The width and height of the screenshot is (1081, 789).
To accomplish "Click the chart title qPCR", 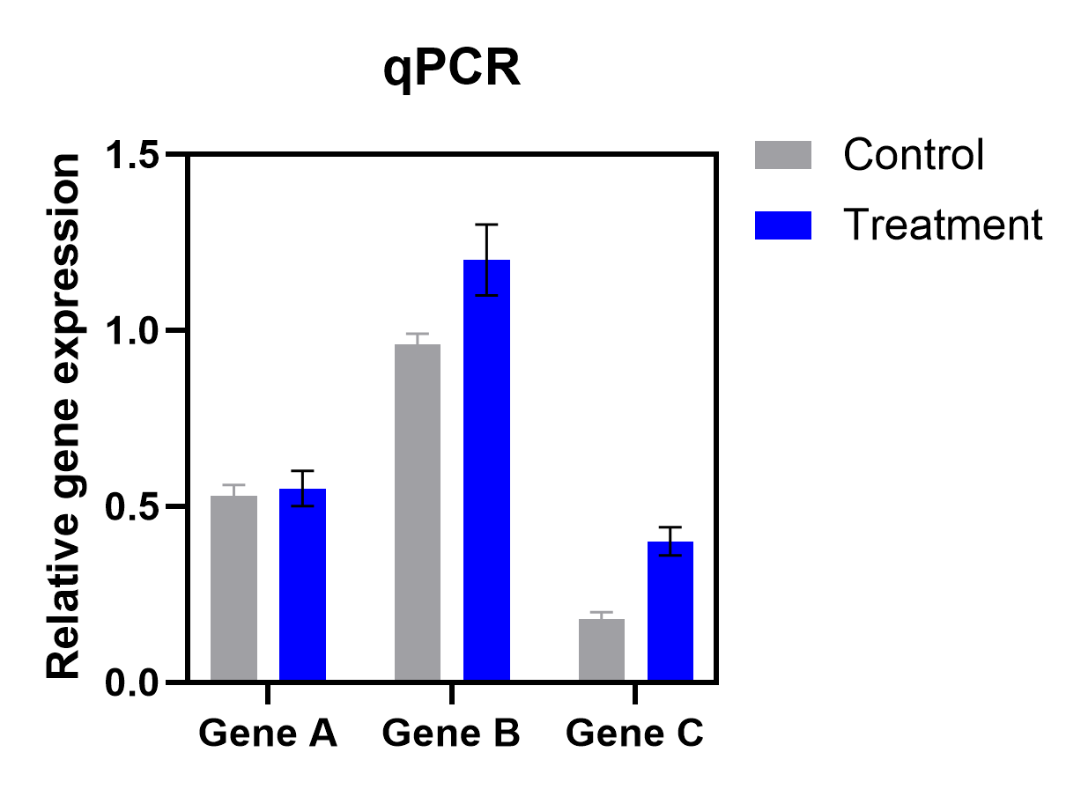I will [452, 71].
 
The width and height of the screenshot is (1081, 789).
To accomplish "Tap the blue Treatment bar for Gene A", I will [302, 585].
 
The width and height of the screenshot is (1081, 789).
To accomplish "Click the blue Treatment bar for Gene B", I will [486, 470].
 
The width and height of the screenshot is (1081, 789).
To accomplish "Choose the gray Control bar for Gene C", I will [602, 650].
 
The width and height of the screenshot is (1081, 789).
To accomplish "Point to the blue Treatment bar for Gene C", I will [670, 611].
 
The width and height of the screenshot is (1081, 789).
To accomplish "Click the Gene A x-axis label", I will [268, 733].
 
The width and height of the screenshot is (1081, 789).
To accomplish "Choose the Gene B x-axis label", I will [452, 733].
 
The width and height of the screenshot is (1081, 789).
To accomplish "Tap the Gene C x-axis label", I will [635, 733].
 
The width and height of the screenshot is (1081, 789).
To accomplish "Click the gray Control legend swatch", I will [782, 155].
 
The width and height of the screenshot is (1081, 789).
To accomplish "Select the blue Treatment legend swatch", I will [782, 225].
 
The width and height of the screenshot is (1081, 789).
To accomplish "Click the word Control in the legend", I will [913, 155].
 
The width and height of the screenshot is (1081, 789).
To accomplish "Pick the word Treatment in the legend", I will [943, 225].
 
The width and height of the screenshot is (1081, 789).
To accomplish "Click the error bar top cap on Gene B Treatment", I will [486, 225].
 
